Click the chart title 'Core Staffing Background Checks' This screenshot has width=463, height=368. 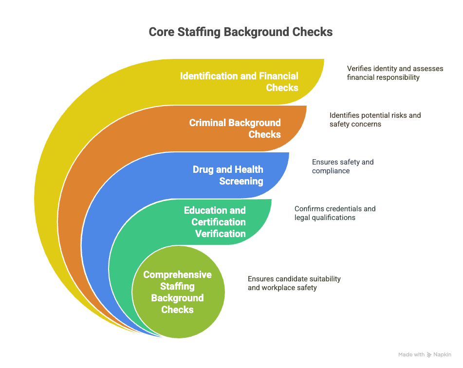pos(241,32)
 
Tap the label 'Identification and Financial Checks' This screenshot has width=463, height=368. pos(239,82)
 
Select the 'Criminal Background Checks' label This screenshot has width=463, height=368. pos(235,129)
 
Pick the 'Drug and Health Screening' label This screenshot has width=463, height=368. pos(228,175)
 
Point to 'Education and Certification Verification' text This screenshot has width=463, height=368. pos(215,222)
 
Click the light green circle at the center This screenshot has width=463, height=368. pos(178,292)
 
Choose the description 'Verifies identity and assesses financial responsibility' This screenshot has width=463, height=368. pos(395,73)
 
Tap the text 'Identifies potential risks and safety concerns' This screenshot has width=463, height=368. pos(375,120)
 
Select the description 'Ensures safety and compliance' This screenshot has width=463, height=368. pos(343,166)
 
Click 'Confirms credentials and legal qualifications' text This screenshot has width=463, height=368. pos(335,213)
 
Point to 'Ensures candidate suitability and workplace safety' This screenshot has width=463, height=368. pos(294,283)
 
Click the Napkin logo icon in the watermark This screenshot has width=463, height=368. pos(429,355)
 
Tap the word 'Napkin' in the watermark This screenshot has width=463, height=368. pos(442,354)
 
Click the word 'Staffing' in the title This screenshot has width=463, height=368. pos(199,32)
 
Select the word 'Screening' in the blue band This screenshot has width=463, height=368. pos(241,181)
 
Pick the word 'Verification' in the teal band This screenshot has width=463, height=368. pos(220,234)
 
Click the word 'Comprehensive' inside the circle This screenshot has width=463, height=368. pos(178,275)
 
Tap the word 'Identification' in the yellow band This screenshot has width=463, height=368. pos(209,76)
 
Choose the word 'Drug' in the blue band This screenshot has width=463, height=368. pos(203,170)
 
